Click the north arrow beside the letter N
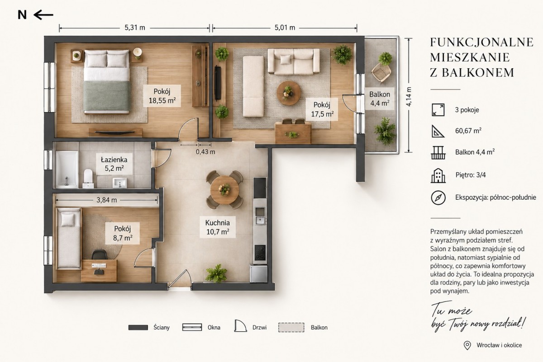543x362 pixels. coord(43,15)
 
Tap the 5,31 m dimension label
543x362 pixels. coord(135,28)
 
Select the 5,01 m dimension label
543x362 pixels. coord(285,28)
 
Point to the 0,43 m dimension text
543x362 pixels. coord(205,152)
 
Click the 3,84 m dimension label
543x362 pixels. coord(107,200)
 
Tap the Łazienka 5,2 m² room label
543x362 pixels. coord(114,164)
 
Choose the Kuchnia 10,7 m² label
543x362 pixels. coord(218,227)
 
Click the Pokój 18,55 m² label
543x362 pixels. coord(162,96)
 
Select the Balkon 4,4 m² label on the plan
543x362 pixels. coord(380,99)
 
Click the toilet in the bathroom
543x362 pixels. coord(88,179)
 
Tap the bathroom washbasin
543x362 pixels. coord(120,183)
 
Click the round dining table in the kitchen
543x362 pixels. coord(224,190)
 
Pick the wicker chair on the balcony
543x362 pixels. coord(381,72)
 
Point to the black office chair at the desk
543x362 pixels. coord(100,255)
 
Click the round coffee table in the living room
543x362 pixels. coord(289,93)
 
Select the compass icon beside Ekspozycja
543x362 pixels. coord(438,197)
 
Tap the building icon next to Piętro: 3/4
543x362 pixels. coord(438,175)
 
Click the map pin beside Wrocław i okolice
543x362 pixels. coord(467,345)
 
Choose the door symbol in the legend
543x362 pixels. coord(240,325)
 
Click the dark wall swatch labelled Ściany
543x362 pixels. coord(138,327)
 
